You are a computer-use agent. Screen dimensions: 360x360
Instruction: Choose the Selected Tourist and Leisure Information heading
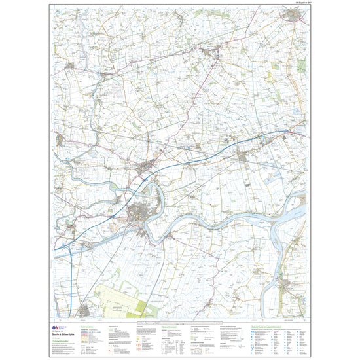[x=269, y=325]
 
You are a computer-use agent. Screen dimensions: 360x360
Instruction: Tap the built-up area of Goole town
[x=139, y=215]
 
